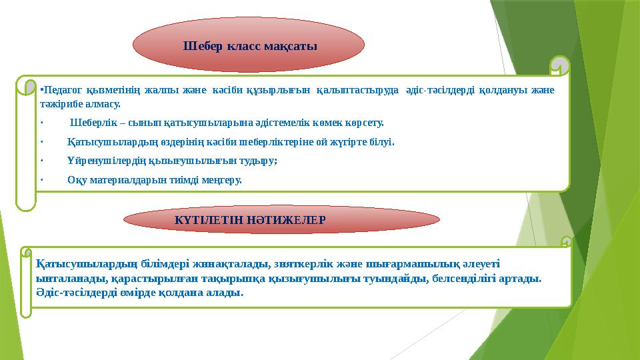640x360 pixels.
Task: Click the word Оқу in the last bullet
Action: [77, 180]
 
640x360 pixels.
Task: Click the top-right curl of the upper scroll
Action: [559, 66]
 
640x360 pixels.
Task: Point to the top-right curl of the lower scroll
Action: [566, 242]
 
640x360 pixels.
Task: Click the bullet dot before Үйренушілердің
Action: [41, 161]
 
